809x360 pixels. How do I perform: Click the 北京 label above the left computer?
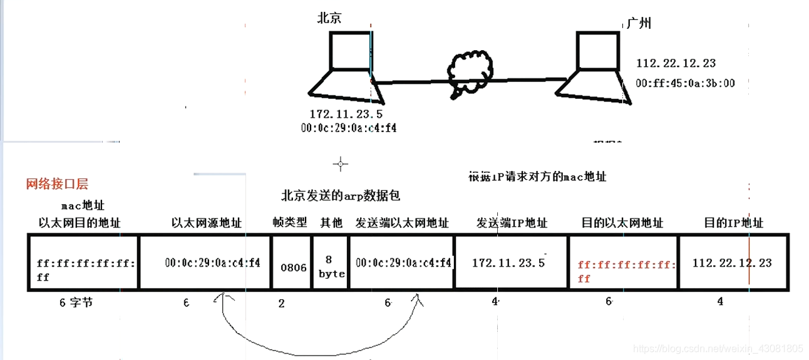click(329, 18)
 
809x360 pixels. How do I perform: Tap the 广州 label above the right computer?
click(639, 23)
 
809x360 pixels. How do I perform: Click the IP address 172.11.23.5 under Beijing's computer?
click(346, 114)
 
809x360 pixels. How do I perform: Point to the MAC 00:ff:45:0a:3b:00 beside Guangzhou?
click(685, 83)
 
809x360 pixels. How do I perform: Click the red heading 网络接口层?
click(57, 183)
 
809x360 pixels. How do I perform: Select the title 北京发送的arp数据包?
click(341, 195)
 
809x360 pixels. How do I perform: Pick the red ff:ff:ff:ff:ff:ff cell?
click(623, 271)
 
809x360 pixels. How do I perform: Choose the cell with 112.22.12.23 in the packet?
click(732, 263)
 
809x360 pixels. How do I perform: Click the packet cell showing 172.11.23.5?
click(508, 263)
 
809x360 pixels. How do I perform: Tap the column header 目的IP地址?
click(733, 223)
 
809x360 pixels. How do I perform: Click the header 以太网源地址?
click(207, 223)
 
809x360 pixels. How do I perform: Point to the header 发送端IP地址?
click(512, 223)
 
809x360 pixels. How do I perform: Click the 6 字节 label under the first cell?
click(76, 302)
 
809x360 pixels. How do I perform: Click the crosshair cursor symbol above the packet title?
click(341, 164)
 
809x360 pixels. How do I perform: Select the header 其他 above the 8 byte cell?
click(330, 223)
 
